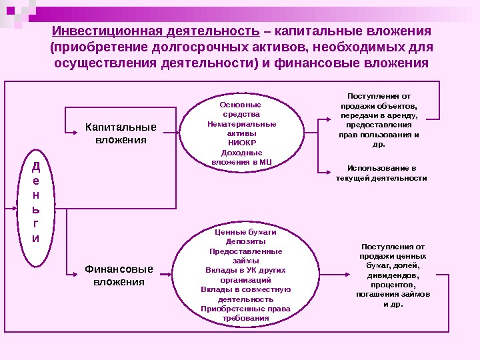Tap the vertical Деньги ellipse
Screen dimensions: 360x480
(x=35, y=201)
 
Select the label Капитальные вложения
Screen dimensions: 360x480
(x=121, y=133)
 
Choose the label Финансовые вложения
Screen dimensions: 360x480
(x=119, y=275)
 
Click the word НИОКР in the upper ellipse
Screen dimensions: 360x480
(x=241, y=143)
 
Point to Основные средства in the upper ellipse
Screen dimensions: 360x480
(x=241, y=109)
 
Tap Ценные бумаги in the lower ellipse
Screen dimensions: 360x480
(x=245, y=232)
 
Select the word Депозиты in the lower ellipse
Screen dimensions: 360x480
(x=245, y=241)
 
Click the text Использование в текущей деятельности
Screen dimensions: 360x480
(x=382, y=173)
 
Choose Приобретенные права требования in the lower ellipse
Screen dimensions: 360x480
(x=245, y=313)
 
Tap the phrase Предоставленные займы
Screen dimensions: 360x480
(x=245, y=256)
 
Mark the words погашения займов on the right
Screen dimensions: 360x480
(x=393, y=294)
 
